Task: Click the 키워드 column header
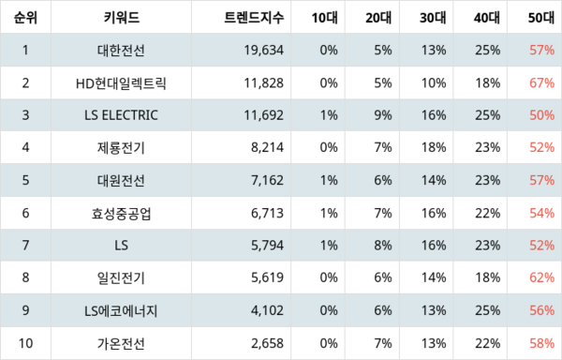click(x=121, y=17)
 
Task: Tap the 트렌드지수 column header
click(x=251, y=17)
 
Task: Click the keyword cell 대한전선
click(x=121, y=50)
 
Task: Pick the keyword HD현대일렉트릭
click(x=121, y=82)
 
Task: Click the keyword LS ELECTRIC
click(x=121, y=115)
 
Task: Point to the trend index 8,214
click(x=266, y=148)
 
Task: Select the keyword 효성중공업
click(x=121, y=213)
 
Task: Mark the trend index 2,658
click(x=266, y=344)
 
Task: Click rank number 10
click(x=26, y=344)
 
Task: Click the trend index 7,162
click(x=266, y=180)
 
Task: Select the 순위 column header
click(x=26, y=17)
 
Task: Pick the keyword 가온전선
click(x=121, y=344)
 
